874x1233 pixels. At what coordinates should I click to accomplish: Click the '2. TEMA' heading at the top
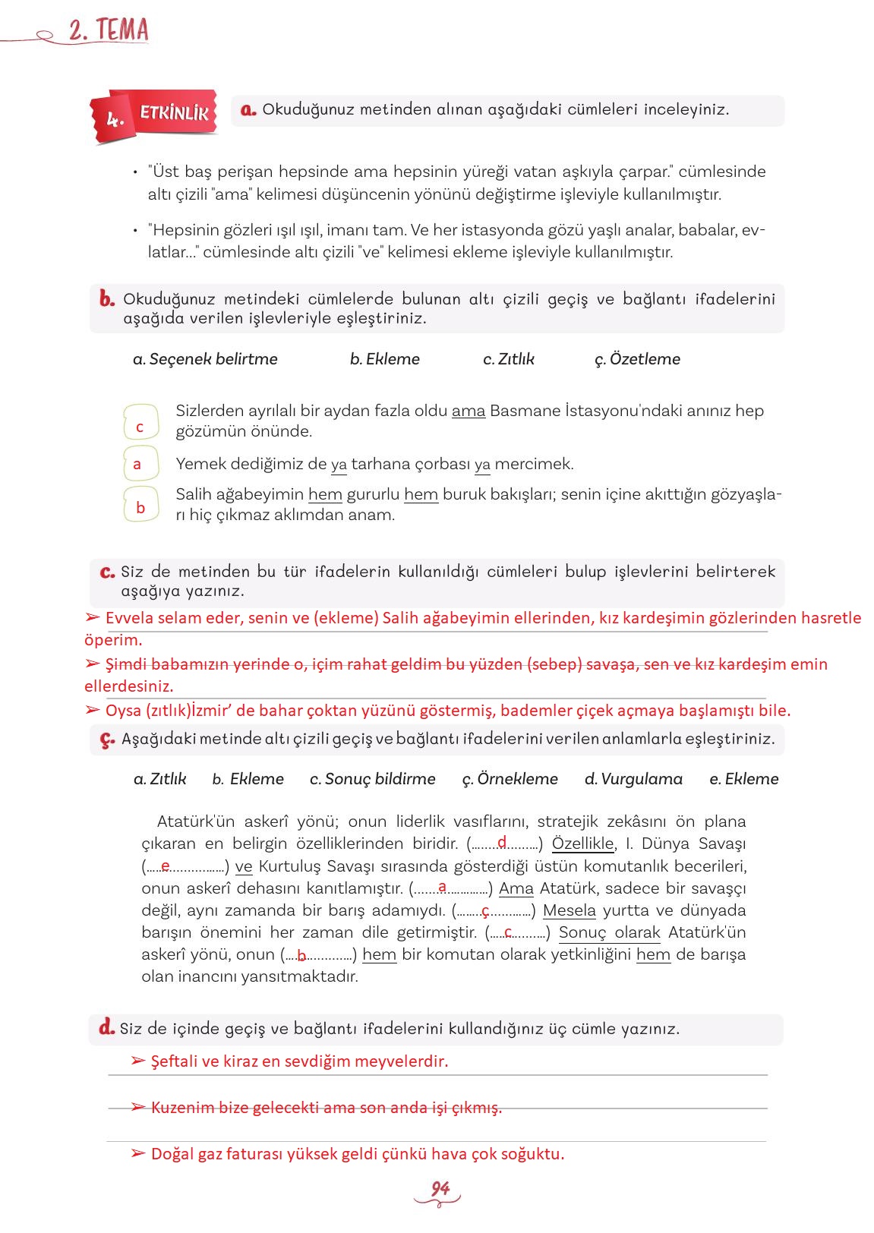pos(108,31)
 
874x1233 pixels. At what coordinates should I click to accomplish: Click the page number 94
pos(440,1189)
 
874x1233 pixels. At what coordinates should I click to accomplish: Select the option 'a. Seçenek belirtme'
pos(205,359)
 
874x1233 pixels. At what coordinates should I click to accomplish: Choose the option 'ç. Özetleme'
pos(637,359)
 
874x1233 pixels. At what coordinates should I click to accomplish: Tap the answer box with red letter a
pos(140,464)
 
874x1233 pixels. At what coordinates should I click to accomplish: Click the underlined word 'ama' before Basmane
pos(468,412)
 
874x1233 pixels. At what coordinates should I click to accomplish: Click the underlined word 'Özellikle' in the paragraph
pos(582,844)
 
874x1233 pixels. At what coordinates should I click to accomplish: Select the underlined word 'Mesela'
pos(569,910)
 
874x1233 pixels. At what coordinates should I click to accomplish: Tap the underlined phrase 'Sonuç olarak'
pos(609,932)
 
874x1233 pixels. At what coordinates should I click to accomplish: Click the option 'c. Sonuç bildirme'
pos(372,779)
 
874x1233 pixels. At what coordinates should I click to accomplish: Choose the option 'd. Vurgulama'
pos(633,779)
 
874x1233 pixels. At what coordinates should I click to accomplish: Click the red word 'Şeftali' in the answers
pos(174,1061)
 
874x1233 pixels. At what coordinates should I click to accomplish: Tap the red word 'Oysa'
pos(123,711)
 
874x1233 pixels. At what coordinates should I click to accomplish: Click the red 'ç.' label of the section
pos(107,739)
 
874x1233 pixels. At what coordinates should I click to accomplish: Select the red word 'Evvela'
pos(128,618)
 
